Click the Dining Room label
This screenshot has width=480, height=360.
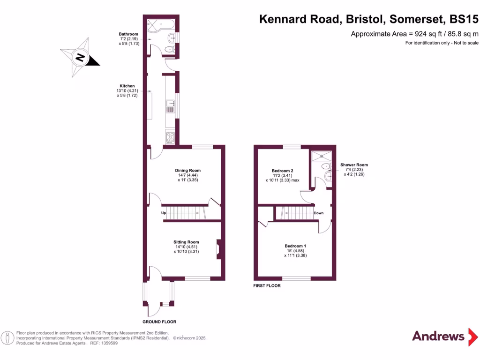click(x=188, y=171)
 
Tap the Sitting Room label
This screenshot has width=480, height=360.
click(x=187, y=242)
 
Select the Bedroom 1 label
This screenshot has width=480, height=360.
click(x=295, y=246)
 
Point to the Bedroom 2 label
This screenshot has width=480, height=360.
click(x=283, y=171)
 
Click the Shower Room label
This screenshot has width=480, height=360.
click(x=354, y=165)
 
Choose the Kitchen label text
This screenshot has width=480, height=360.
click(x=127, y=86)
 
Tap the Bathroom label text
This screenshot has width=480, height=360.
click(x=128, y=34)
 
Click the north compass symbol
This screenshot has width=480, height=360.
click(x=80, y=58)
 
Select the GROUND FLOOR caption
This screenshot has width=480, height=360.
click(x=159, y=322)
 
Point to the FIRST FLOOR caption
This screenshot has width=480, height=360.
click(x=267, y=285)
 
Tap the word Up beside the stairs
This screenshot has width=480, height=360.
click(x=164, y=213)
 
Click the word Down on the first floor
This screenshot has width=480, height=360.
click(x=319, y=213)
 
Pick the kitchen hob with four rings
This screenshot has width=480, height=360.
click(x=170, y=137)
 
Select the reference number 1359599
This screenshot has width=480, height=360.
click(x=109, y=343)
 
